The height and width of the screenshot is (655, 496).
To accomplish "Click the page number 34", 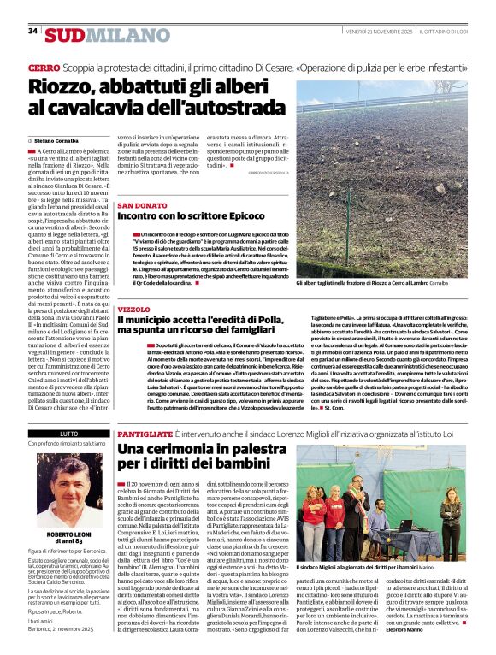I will [32, 31].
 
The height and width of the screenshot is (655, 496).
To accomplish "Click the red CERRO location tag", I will [44, 67].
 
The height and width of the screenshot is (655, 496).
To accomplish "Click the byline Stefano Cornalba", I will [58, 140].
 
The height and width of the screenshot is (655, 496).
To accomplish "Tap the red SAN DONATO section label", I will [142, 207].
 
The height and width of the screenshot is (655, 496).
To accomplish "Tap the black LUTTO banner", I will [68, 434].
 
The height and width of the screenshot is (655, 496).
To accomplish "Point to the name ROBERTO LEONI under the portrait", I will [68, 509].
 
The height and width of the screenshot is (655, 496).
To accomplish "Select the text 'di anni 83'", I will [68, 517].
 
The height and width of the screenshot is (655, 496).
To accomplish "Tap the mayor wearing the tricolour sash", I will [350, 500].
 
